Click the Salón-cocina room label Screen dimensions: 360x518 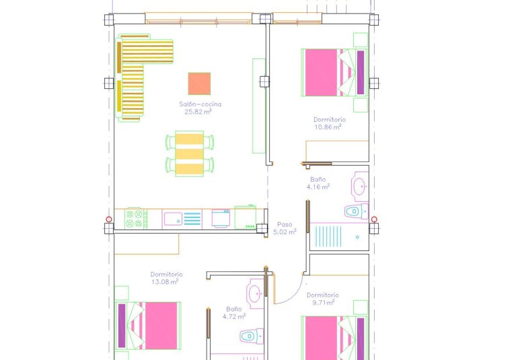coord(200,104)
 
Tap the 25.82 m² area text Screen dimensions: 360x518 coord(198,112)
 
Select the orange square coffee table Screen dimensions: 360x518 coord(199,83)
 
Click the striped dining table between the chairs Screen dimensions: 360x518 coord(190,154)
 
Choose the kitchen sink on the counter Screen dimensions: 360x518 coord(173,219)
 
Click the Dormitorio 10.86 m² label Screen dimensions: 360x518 coord(329,122)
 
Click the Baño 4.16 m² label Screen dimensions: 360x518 coord(320,183)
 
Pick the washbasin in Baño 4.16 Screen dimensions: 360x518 coord(360,184)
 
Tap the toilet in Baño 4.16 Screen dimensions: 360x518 coord(355,211)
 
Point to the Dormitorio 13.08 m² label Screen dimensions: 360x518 coord(165,278)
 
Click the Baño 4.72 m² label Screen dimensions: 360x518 coord(235,312)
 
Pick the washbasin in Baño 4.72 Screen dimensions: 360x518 coord(255,293)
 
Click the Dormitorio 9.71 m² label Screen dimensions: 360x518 coord(322,299)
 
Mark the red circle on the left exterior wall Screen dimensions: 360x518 coord(109,219)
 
